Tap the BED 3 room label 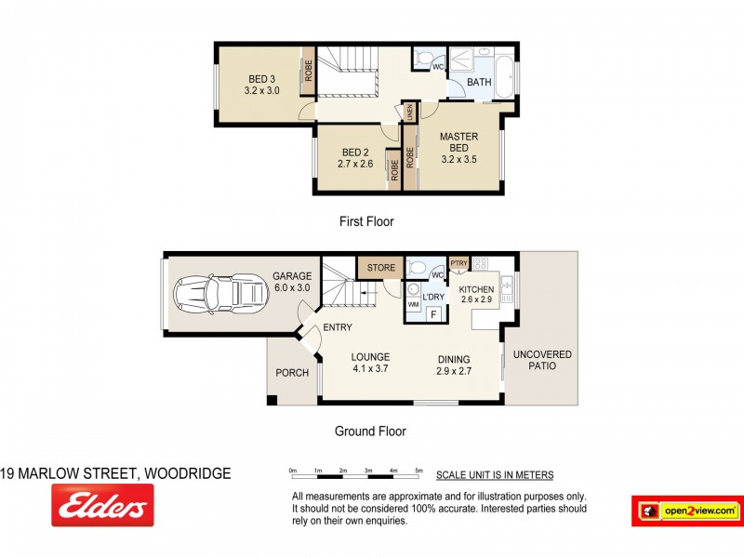coord(261,78)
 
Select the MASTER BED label coord(458,142)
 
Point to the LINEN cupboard coord(409,112)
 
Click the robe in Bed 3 coord(307,72)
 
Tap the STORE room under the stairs coord(381,268)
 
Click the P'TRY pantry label coord(458,263)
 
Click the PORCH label coord(292,373)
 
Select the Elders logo coord(102,506)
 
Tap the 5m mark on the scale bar coord(418,471)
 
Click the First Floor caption coord(366,221)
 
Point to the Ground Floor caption coord(370,431)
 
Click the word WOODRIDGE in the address coord(185,473)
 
